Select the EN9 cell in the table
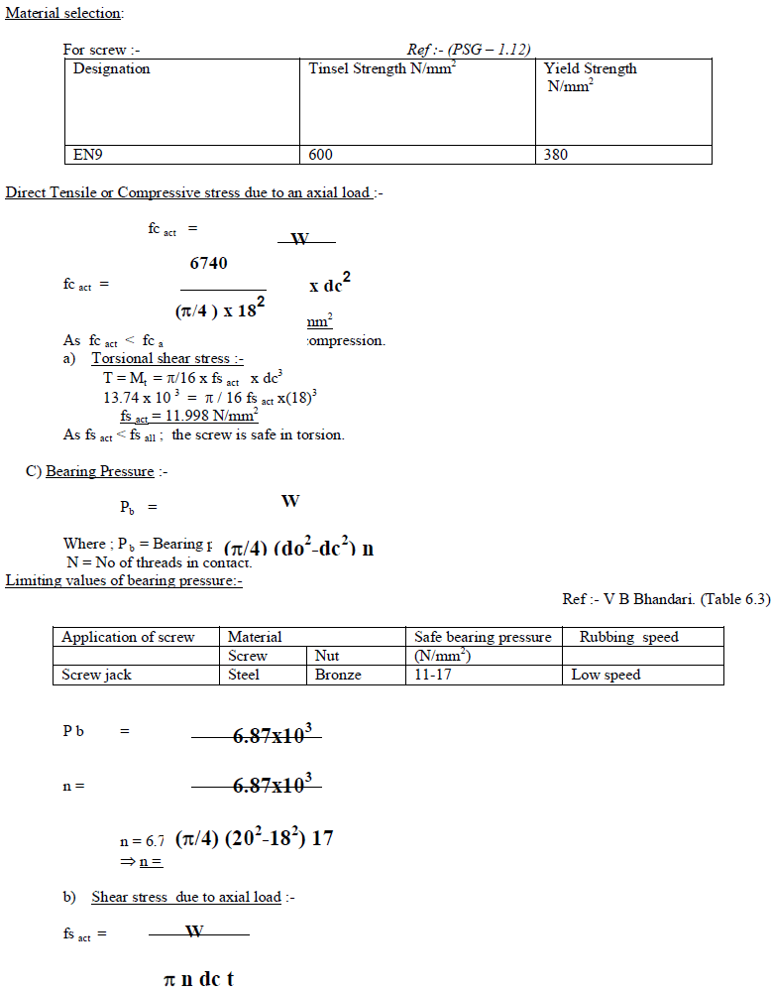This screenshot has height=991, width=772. point(89,155)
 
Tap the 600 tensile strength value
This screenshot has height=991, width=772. point(321,155)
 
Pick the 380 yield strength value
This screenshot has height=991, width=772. point(556,155)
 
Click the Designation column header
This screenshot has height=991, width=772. point(112,69)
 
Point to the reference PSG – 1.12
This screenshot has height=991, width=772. point(469,50)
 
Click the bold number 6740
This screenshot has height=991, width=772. point(208,264)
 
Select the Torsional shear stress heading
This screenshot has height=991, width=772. point(167,358)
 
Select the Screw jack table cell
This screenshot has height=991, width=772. point(97,675)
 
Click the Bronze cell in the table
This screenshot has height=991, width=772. point(338,675)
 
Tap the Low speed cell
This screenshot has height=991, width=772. point(607,675)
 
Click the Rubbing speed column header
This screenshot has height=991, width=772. point(628,637)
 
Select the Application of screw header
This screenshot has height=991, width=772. point(128,637)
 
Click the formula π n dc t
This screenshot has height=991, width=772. point(199,980)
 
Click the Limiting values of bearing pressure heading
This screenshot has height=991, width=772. point(124,580)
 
